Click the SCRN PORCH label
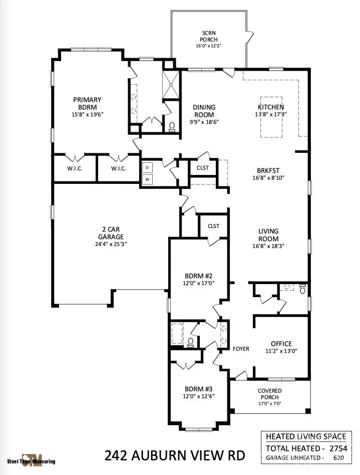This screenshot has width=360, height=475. point(208,37)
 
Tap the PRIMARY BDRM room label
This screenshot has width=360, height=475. point(87,103)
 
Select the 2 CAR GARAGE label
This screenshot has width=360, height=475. point(111,233)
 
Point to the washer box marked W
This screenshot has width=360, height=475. point(147,179)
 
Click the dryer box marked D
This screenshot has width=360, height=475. point(147,167)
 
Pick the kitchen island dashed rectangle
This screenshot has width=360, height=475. point(271,117)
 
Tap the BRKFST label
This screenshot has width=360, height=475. point(268,169)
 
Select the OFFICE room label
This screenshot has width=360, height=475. point(281,343)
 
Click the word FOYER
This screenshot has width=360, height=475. point(241,349)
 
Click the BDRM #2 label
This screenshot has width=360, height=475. point(198,276)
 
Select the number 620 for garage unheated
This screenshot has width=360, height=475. point(338,457)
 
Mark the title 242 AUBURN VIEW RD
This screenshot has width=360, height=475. point(175,455)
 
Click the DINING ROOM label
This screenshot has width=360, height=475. point(204,110)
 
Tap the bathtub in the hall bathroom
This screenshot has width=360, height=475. point(178,334)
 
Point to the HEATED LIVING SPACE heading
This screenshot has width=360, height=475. point(305,436)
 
